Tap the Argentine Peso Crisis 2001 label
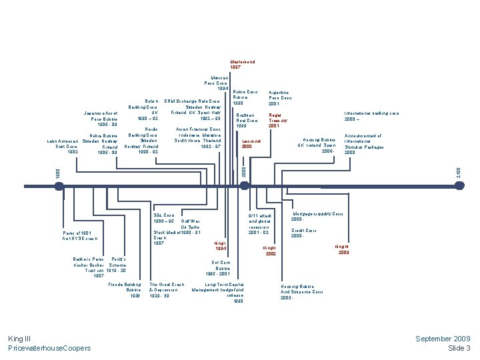click(279, 98)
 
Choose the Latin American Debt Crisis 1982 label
click(63, 147)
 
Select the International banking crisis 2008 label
click(371, 116)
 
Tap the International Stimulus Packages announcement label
click(364, 144)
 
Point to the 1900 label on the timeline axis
click(57, 173)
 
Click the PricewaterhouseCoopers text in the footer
click(49, 349)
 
